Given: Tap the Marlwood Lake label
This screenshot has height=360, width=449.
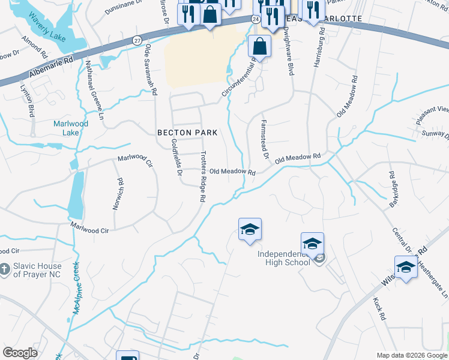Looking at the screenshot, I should (x=71, y=128).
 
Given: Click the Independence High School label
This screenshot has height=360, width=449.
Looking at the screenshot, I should (x=284, y=258).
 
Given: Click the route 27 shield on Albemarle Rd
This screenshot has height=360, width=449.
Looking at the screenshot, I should (x=137, y=40).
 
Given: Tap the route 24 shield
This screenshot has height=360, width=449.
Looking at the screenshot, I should (x=256, y=19).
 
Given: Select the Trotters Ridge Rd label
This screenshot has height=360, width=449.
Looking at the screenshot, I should (x=203, y=176).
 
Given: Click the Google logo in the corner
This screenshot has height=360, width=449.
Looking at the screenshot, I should (x=20, y=353).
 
